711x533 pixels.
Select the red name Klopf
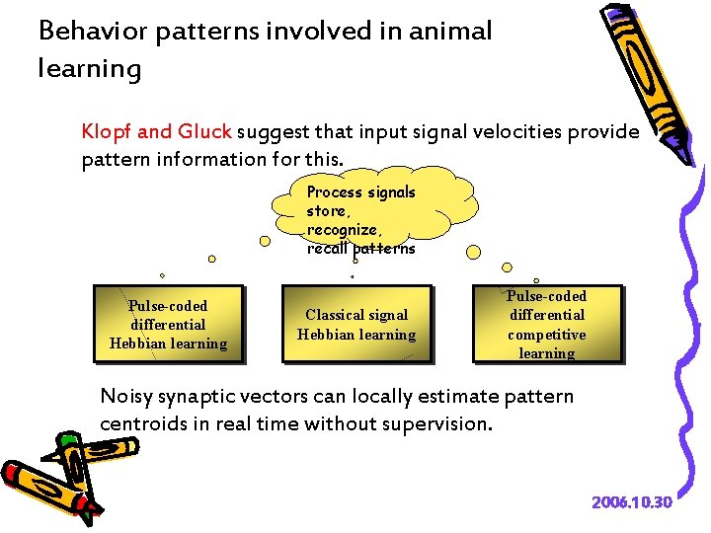pyautogui.click(x=107, y=131)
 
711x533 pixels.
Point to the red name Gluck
pyautogui.click(x=203, y=131)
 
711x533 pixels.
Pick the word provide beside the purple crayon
pyautogui.click(x=603, y=131)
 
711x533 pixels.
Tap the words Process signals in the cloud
pyautogui.click(x=361, y=192)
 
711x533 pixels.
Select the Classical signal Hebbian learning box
pyautogui.click(x=356, y=325)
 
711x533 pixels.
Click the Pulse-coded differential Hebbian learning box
pyautogui.click(x=168, y=325)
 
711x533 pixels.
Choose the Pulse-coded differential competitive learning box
pyautogui.click(x=547, y=325)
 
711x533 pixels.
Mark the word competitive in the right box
pyautogui.click(x=547, y=335)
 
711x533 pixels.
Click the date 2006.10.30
pyautogui.click(x=632, y=502)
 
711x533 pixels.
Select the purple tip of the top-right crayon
pyautogui.click(x=680, y=148)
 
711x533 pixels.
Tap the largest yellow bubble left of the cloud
pyautogui.click(x=264, y=240)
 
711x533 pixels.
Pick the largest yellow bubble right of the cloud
pyautogui.click(x=473, y=252)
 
